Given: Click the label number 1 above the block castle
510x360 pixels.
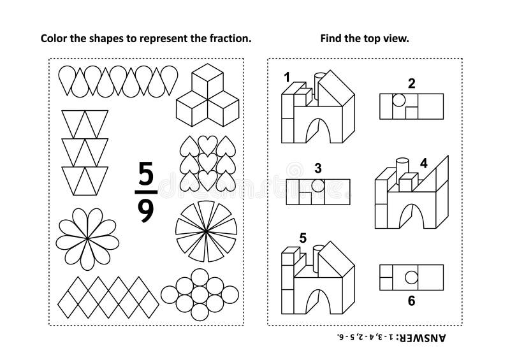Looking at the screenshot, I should click(x=288, y=77).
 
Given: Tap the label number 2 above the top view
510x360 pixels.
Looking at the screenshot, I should click(x=411, y=82).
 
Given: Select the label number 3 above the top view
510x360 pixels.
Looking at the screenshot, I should click(x=317, y=168).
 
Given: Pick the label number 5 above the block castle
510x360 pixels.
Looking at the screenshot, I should click(x=302, y=238).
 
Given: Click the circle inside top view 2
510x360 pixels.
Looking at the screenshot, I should click(x=398, y=101).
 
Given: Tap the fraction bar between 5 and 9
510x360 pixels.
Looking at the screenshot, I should click(x=146, y=192).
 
